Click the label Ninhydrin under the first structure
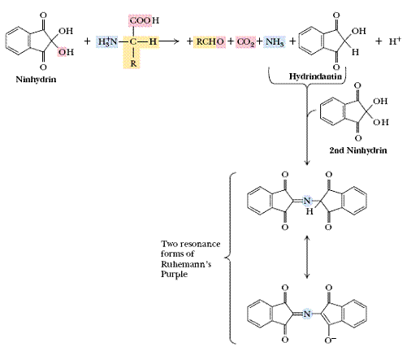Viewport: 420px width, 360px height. tap(36, 80)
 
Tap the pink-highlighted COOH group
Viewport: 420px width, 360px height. tap(144, 20)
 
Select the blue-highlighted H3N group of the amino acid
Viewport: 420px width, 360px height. tap(107, 41)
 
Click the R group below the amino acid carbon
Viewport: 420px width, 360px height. tap(133, 64)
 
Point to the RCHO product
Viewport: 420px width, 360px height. tap(210, 41)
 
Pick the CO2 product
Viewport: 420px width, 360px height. tap(245, 41)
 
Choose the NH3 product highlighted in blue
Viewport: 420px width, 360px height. tap(275, 41)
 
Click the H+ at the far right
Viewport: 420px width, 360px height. tap(395, 41)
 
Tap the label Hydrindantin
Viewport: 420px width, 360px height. tap(315, 76)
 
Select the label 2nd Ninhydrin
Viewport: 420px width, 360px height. tap(358, 150)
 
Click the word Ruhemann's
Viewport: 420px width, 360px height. tap(186, 264)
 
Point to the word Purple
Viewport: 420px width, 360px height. tap(174, 274)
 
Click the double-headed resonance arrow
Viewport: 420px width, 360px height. tap(306, 257)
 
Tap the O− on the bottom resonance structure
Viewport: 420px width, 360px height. tap(331, 340)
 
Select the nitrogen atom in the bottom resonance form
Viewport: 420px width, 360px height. tap(306, 314)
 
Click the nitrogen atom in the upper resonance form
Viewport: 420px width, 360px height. tap(306, 201)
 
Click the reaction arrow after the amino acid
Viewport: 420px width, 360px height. tap(169, 41)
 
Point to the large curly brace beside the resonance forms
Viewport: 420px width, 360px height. tap(230, 258)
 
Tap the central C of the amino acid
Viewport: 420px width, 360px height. tap(133, 41)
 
